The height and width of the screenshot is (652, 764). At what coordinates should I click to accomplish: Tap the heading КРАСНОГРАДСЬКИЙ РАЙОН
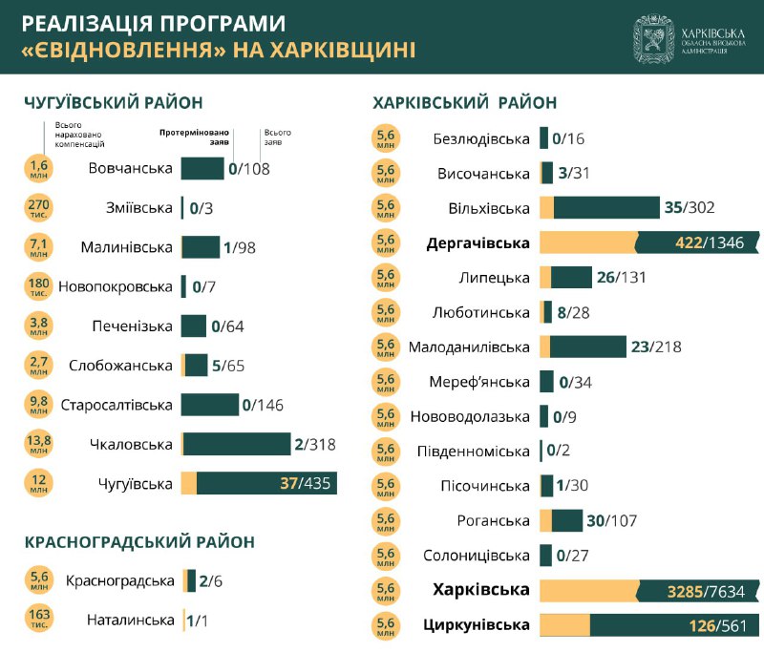tap(139, 542)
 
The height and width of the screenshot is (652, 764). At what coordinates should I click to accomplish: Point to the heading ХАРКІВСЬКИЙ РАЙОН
tap(465, 102)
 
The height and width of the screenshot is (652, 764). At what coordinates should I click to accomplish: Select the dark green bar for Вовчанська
tap(202, 169)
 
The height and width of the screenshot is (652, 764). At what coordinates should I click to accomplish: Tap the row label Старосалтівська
tap(117, 405)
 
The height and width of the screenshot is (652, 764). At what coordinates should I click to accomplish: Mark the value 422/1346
tap(710, 242)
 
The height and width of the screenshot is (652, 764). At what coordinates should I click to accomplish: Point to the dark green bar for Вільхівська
tap(606, 208)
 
